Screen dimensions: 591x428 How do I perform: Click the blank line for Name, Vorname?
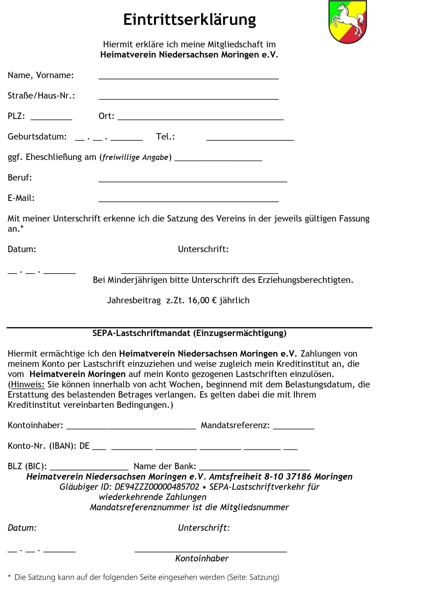[189, 77]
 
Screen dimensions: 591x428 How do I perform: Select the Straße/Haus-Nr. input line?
[189, 98]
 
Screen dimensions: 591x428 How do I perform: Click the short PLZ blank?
[51, 118]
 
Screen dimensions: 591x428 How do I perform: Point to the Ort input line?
[200, 118]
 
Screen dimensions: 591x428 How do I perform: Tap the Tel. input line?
[250, 139]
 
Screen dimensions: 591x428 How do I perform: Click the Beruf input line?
[193, 180]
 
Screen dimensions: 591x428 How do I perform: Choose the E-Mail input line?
[189, 200]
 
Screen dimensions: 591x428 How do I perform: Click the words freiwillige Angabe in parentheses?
[135, 157]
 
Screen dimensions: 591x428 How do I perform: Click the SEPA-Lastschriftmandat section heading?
[189, 333]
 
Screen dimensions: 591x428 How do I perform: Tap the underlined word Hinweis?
[28, 384]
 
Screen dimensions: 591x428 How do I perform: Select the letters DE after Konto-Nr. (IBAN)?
[84, 446]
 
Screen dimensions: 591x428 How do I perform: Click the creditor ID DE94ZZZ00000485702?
[157, 487]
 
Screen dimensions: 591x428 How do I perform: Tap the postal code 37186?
[299, 476]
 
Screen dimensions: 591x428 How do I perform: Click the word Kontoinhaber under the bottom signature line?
[202, 558]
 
